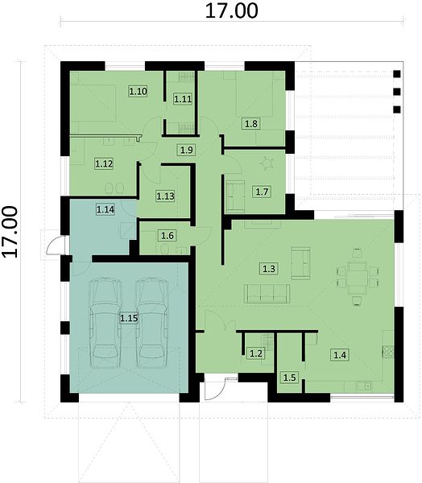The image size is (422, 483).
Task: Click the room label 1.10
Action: coord(138,91)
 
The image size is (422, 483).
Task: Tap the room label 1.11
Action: coord(183,99)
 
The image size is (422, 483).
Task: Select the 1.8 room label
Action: coord(251,123)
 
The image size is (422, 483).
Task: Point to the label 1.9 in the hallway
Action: coord(187,150)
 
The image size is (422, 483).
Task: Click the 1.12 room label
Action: coord(104,163)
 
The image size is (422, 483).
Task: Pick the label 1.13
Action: coord(165,196)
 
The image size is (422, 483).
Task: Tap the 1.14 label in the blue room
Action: coord(105,209)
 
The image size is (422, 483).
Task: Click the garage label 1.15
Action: coord(129,318)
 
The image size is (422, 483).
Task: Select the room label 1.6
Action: coord(168,236)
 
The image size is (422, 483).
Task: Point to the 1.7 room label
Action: coord(262,192)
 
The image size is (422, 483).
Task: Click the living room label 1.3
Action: coord(268,269)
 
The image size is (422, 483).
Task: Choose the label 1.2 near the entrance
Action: coord(256,353)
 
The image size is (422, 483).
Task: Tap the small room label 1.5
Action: coord(289,377)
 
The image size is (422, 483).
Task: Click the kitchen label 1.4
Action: coord(340,354)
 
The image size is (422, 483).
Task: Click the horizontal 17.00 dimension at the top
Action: coord(231,10)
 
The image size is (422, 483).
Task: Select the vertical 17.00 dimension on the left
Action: coord(10,232)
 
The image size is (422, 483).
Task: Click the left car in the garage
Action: coord(105,323)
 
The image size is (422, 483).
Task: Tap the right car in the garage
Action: coord(152,323)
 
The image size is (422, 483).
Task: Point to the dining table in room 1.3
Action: coord(357,275)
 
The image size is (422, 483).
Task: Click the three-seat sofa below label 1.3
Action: coord(267,294)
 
